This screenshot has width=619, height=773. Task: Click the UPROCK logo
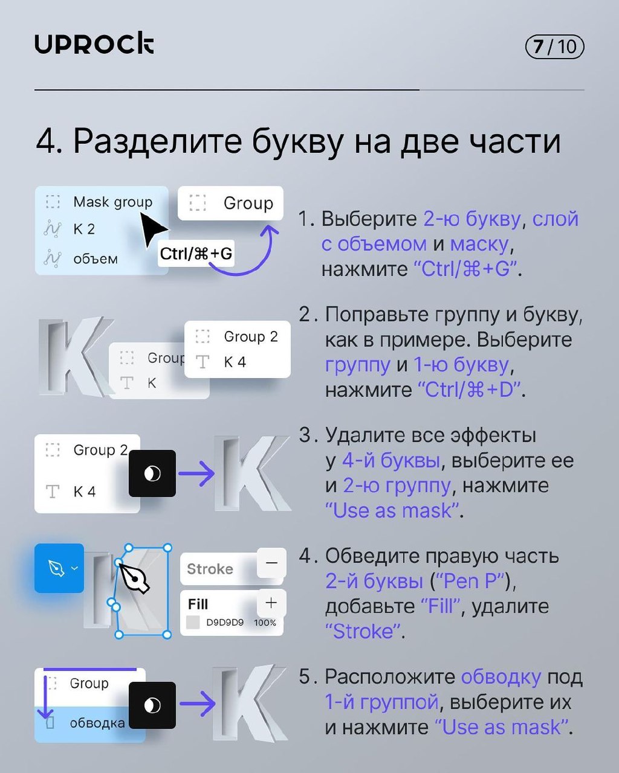[x=94, y=45]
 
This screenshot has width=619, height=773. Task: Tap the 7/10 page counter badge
[x=554, y=47]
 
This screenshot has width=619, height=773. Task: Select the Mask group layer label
[x=112, y=202]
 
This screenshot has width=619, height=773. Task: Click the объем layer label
[x=95, y=258]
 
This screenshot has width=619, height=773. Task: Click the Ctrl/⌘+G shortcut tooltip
[x=196, y=254]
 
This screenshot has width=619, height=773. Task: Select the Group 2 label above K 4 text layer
[x=250, y=336]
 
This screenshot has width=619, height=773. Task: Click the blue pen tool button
[x=59, y=568]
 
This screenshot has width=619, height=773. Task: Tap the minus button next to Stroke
[x=271, y=563]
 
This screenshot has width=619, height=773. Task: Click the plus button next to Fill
[x=271, y=603]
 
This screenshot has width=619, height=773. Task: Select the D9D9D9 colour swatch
[x=193, y=623]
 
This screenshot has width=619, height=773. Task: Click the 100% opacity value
[x=265, y=623]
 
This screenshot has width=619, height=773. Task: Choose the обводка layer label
[x=97, y=723]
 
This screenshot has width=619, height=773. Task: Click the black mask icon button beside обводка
[x=152, y=705]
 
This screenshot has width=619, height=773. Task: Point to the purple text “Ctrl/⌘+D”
[x=469, y=390]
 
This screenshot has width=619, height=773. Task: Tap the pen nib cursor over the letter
[x=134, y=578]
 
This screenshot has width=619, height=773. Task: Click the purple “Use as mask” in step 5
[x=502, y=727]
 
